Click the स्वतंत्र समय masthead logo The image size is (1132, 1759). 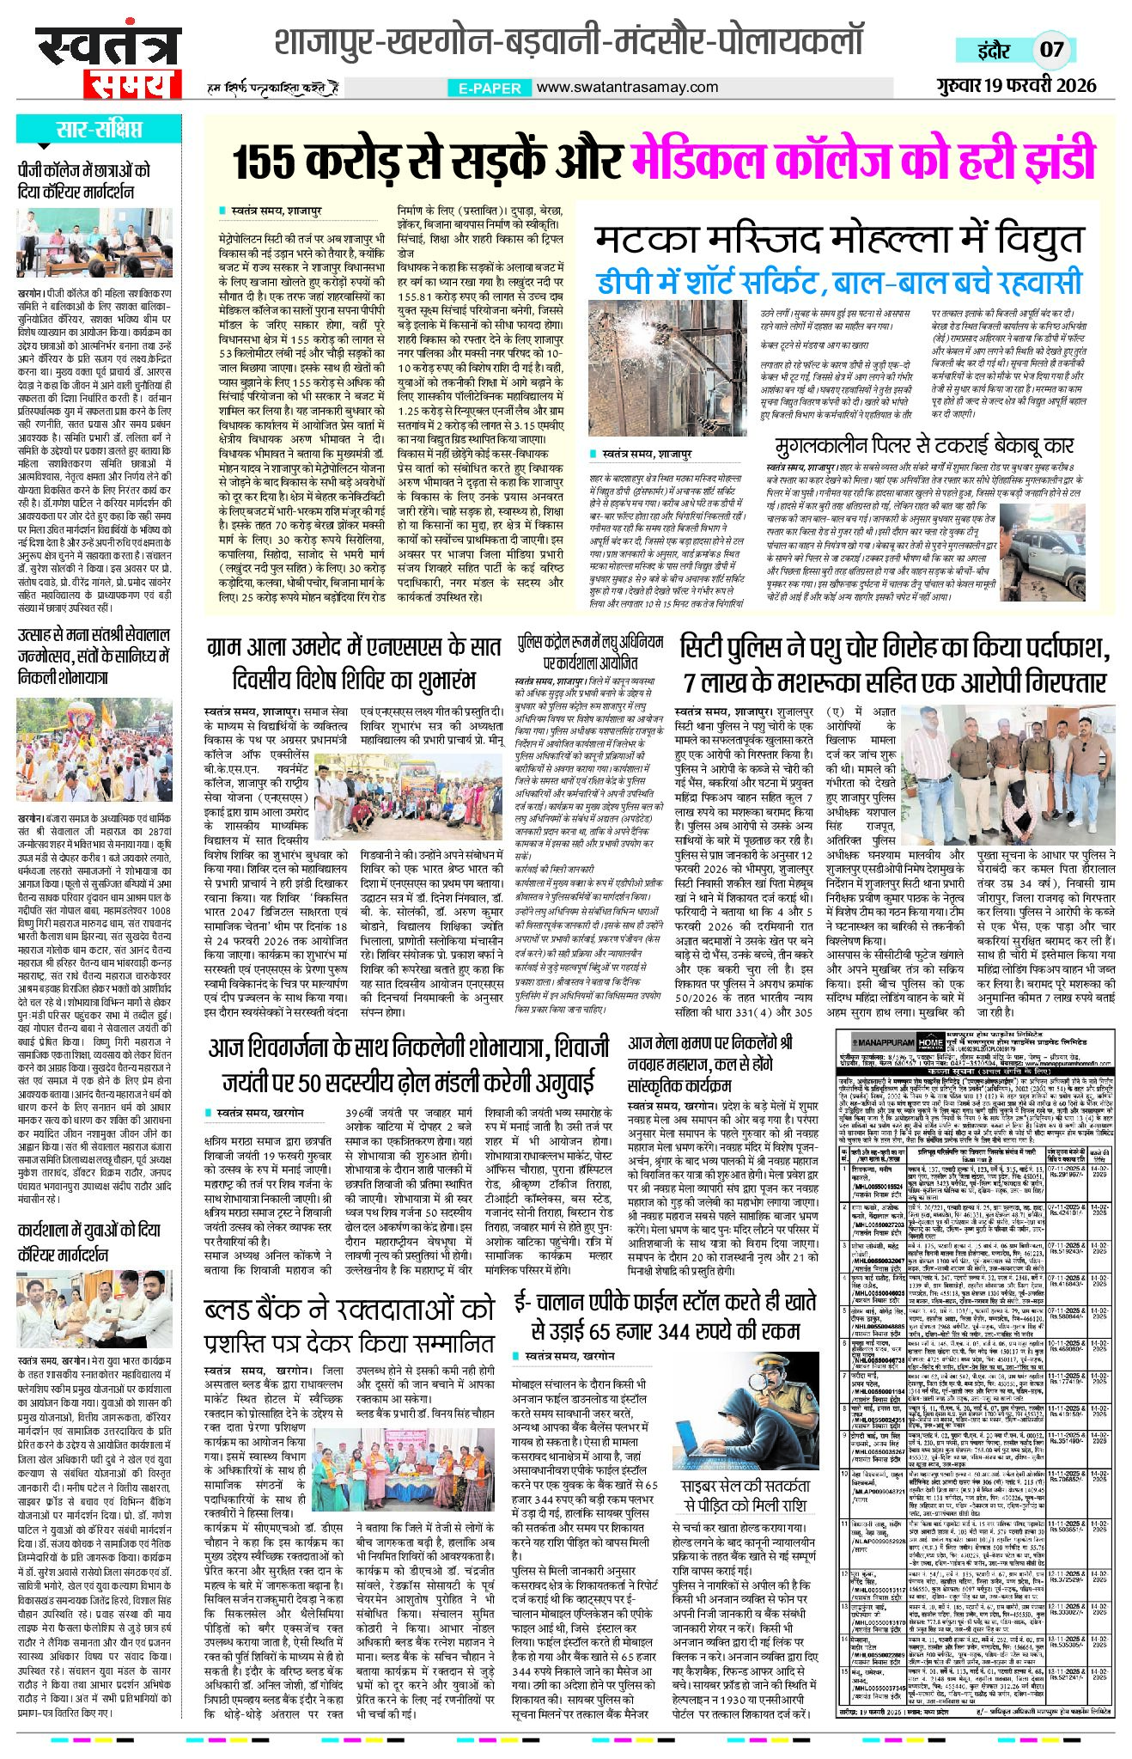point(108,60)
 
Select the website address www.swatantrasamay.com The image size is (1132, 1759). point(627,87)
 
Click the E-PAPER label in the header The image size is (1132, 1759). point(486,88)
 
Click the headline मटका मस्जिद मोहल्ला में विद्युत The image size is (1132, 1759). point(840,240)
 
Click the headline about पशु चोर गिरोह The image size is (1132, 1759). point(893,664)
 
